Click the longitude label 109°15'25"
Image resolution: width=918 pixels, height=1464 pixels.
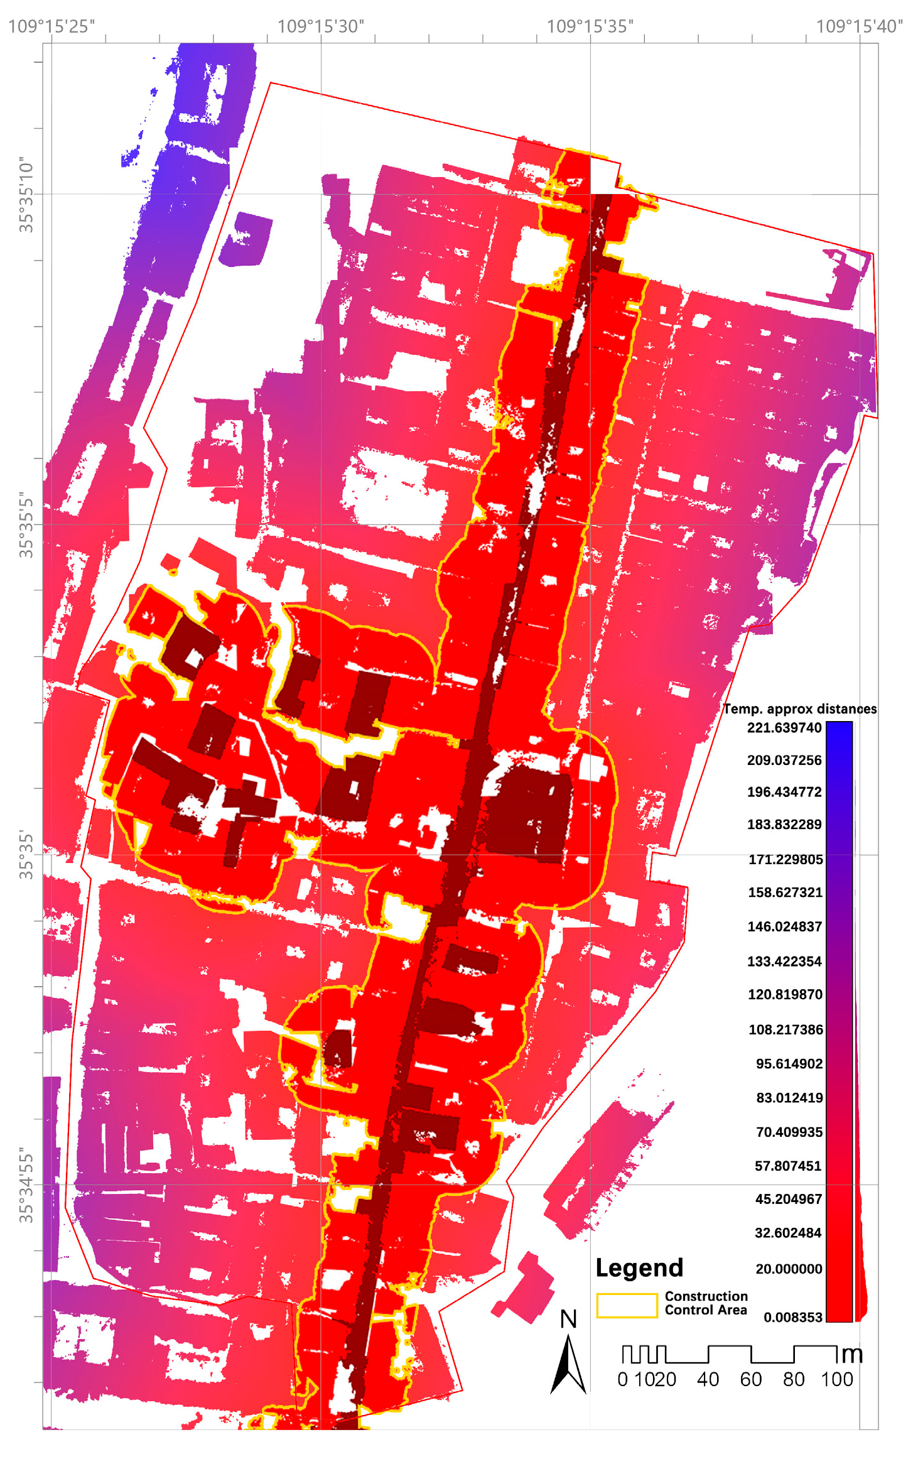tap(51, 26)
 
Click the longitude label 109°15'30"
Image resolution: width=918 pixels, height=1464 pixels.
tap(321, 26)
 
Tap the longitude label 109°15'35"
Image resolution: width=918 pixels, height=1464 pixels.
tap(590, 26)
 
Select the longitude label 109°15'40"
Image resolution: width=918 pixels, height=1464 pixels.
tap(859, 26)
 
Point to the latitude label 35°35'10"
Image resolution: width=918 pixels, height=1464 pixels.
tap(26, 195)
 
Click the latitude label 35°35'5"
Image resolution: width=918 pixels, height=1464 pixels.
tap(26, 525)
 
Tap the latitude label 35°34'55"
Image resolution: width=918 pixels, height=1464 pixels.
tap(26, 1185)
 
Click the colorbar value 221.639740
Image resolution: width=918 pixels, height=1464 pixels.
tap(784, 728)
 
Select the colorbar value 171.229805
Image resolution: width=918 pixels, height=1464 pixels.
tap(785, 859)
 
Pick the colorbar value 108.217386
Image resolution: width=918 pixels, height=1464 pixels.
tap(785, 1029)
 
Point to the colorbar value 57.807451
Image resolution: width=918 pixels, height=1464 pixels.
tap(787, 1166)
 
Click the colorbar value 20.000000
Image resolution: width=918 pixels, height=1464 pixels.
tap(788, 1269)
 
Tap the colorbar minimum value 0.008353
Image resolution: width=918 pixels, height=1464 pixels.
tap(792, 1317)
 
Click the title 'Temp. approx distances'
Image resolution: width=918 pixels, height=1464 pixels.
tap(799, 709)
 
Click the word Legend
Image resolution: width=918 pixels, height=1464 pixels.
tap(639, 1268)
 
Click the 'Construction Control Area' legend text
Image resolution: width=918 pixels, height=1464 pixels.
tap(706, 1303)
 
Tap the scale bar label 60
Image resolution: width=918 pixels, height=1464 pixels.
tap(750, 1379)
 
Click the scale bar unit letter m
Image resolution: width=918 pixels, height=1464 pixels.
tap(851, 1355)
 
